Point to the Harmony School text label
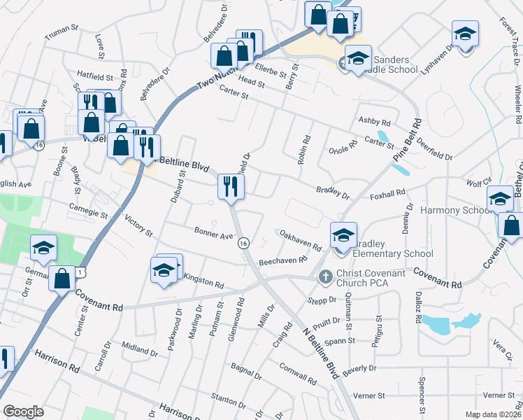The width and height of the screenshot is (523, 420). pos(454,210)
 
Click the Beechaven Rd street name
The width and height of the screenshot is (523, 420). pos(283,260)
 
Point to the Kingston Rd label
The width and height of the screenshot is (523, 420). pos(203,281)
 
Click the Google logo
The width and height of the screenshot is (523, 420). pos(23,412)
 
